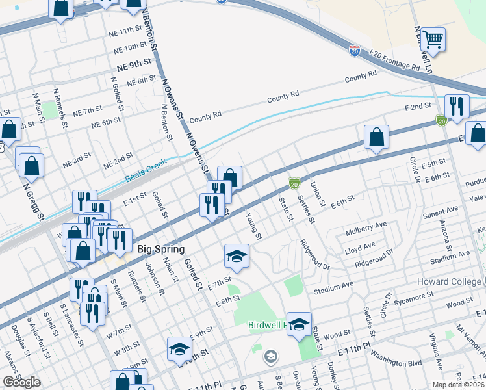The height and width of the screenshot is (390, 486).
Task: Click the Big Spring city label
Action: (x=161, y=249)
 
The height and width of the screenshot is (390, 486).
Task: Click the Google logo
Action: (x=21, y=382)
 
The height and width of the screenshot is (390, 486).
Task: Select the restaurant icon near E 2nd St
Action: (x=457, y=107)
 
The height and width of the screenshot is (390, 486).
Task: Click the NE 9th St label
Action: (x=134, y=66)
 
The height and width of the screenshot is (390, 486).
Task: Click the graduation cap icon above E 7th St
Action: (x=237, y=256)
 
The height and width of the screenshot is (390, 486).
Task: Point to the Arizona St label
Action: (x=448, y=235)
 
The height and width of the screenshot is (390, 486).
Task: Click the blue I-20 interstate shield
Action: (x=355, y=49)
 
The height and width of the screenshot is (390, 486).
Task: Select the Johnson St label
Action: (x=153, y=276)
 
